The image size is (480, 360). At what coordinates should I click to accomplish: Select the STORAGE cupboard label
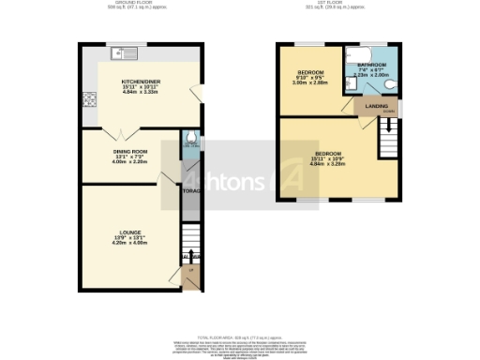tap(190, 191)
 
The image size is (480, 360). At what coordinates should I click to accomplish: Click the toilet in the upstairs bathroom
tap(391, 86)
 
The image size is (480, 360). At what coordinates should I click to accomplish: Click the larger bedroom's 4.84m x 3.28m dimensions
tap(327, 165)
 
